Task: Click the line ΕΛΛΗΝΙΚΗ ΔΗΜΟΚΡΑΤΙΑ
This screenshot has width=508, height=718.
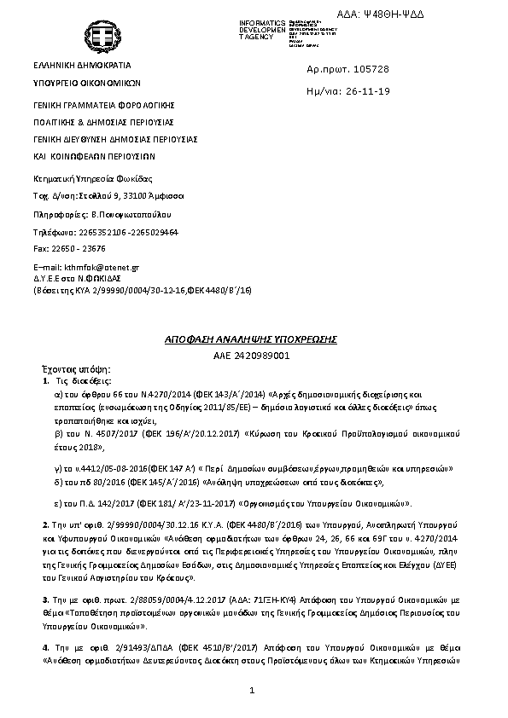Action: (x=82, y=65)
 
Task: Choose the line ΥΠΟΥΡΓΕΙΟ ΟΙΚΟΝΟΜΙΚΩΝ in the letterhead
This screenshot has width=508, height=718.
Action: (x=86, y=84)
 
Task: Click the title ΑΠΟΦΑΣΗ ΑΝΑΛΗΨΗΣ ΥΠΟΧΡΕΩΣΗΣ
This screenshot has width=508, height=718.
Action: (x=251, y=339)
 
